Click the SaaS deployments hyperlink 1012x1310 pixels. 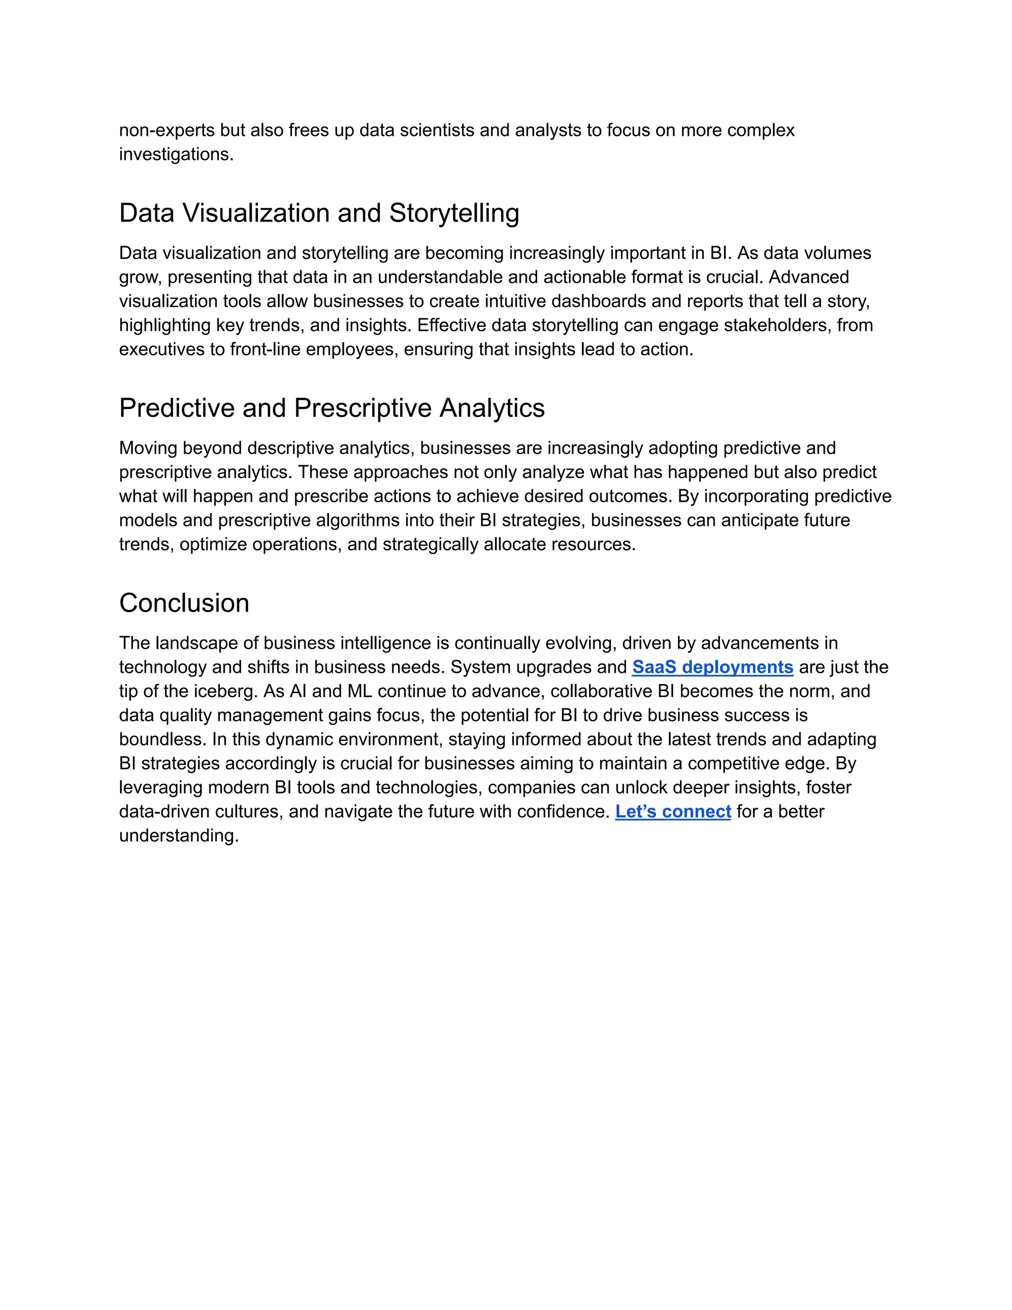pos(712,667)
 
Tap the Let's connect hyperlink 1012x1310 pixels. pos(673,812)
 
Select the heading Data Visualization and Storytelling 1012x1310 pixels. pos(319,213)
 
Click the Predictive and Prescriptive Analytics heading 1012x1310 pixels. pos(332,408)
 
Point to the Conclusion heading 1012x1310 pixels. pos(184,603)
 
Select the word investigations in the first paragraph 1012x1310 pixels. pos(175,154)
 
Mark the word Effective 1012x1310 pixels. pos(450,325)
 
